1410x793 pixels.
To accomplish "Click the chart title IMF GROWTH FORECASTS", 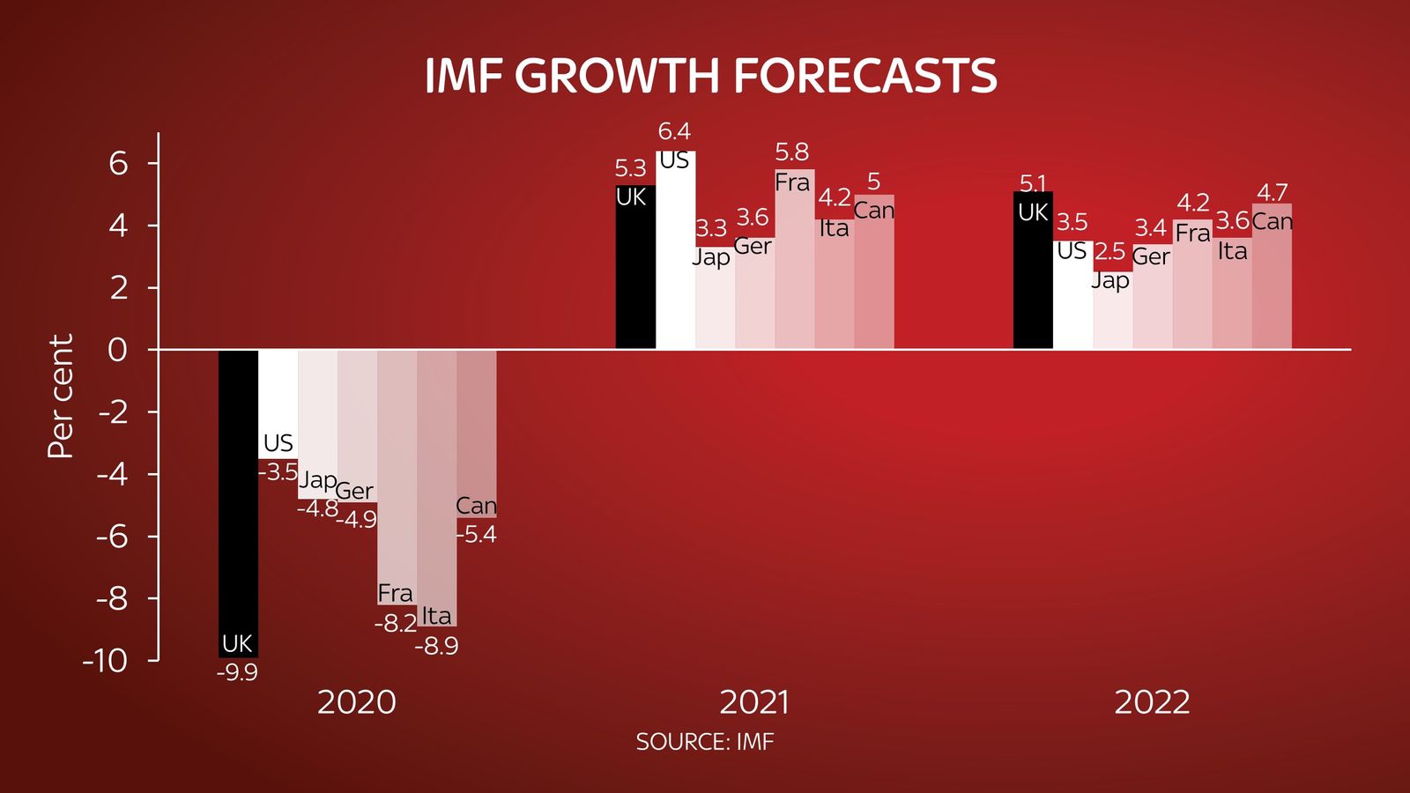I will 710,76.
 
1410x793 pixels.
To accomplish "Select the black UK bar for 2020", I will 238,493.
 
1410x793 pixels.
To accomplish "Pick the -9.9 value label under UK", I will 237,673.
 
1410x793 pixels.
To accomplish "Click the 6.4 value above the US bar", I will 674,131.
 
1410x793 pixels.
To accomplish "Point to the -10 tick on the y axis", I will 106,661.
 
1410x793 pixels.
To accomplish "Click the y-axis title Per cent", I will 60,396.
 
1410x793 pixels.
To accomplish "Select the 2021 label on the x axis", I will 754,702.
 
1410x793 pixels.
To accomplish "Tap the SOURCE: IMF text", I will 704,742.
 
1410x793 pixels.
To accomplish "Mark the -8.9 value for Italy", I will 436,647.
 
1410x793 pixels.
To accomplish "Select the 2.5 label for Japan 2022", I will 1110,252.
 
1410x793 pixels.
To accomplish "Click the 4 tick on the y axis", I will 119,226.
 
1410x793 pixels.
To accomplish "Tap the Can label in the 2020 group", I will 476,506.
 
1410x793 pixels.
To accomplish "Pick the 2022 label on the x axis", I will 1152,702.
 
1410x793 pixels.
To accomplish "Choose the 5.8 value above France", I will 791,152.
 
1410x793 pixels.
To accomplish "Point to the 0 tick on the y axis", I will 117,350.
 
